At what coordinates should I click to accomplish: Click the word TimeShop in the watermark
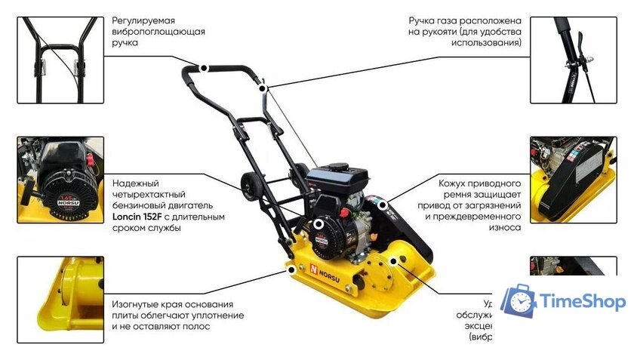582,302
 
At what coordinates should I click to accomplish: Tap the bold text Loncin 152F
138,217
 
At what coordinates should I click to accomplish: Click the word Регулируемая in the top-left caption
143,20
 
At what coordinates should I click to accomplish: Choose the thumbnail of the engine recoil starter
60,179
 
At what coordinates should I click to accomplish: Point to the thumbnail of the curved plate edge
60,299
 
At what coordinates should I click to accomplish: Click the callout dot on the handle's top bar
204,68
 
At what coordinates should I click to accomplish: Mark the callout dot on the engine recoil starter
319,224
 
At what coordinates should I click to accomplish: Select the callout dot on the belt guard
383,205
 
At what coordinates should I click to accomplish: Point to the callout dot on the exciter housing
401,260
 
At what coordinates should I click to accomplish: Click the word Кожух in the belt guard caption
454,183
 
